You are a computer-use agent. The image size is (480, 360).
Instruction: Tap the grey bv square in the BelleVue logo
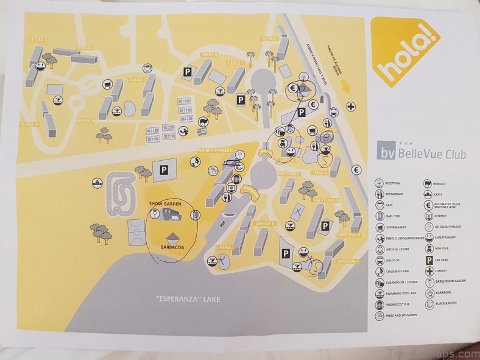(x=387, y=154)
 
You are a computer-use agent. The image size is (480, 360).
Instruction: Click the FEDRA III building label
(x=30, y=124)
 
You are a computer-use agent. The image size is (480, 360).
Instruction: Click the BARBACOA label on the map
(x=173, y=248)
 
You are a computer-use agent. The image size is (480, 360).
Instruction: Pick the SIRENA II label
(x=267, y=224)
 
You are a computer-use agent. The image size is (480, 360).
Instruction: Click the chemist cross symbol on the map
(x=351, y=107)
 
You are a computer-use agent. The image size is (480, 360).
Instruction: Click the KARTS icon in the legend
(x=430, y=194)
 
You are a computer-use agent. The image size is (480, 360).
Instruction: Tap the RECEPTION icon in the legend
(x=379, y=183)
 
